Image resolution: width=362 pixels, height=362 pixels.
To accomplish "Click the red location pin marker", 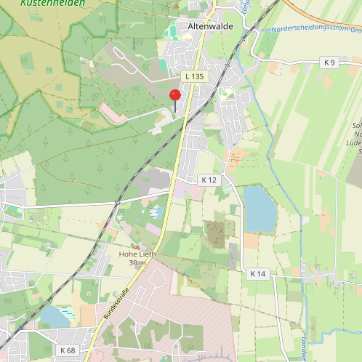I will [174, 96].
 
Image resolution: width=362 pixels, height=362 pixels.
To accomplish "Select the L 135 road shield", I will [194, 76].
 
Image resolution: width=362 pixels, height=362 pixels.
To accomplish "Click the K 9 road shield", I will [330, 63].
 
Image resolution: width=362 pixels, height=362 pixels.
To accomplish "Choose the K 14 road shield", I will [258, 274].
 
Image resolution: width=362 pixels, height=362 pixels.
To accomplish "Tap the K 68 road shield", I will [68, 350].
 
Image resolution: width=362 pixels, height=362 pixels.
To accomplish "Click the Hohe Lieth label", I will [137, 254].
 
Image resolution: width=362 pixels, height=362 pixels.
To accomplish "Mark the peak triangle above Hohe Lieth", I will [137, 246].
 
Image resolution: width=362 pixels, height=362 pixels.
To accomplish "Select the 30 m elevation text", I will [137, 262].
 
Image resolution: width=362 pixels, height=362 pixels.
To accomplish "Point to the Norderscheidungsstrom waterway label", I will [313, 30].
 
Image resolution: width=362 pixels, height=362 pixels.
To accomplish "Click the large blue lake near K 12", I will [260, 207].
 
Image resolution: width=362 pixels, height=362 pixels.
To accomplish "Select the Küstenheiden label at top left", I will [52, 3].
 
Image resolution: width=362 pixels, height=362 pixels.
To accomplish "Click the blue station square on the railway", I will [20, 328].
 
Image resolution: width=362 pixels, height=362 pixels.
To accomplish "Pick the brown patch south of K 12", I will [216, 233].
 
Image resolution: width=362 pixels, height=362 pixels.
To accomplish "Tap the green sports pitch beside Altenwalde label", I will [172, 32].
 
